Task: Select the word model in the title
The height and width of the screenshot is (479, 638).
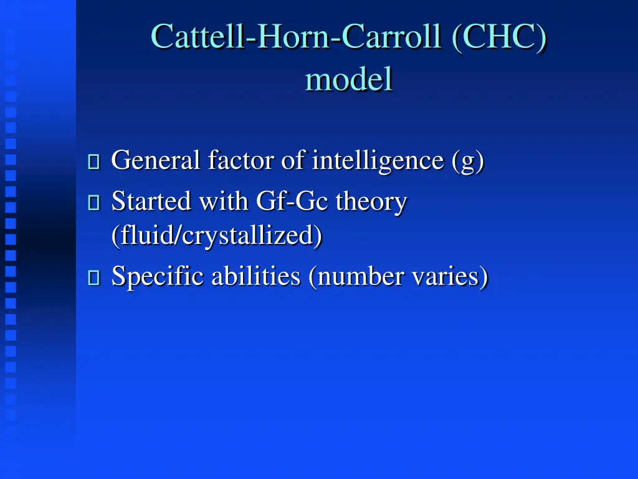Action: (349, 79)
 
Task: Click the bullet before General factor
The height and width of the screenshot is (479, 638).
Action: (94, 162)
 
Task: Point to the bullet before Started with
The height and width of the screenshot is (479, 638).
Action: (94, 203)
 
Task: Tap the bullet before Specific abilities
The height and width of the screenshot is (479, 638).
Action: (94, 278)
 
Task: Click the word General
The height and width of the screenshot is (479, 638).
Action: (156, 161)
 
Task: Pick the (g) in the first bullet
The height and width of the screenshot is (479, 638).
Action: (467, 161)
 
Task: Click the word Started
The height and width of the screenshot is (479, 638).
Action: (151, 201)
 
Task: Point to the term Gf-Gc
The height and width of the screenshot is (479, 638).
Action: (292, 201)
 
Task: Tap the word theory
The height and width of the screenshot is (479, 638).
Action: (371, 201)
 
